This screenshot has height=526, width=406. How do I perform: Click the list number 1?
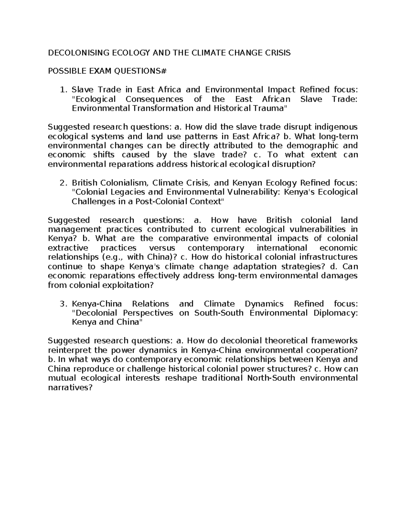point(62,90)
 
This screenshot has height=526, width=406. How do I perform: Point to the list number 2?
point(62,183)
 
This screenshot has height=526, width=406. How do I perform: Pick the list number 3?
point(62,303)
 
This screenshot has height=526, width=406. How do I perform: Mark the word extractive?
point(68,248)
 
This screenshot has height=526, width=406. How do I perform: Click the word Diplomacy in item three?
point(336,313)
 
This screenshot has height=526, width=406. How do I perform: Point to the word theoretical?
point(286,340)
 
